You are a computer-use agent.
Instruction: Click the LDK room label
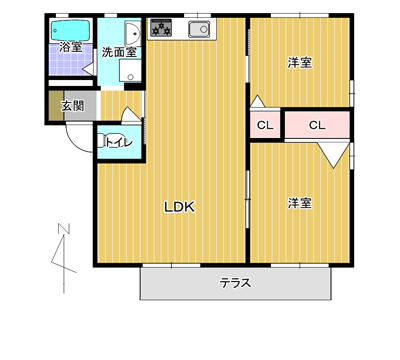click(x=179, y=207)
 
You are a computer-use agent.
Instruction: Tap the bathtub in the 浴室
click(x=71, y=30)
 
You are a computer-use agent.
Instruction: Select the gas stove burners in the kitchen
click(x=161, y=28)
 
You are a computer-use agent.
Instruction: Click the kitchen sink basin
click(x=199, y=29)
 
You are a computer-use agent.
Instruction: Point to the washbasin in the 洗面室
click(x=133, y=33)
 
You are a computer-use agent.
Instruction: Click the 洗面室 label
click(x=119, y=52)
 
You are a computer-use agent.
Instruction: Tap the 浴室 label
click(x=71, y=46)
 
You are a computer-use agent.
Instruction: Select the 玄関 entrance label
click(x=72, y=106)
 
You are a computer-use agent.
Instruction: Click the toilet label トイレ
click(x=119, y=143)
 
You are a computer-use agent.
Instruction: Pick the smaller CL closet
click(x=265, y=125)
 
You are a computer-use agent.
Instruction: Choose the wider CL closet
click(x=317, y=125)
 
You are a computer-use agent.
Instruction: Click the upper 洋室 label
click(x=300, y=62)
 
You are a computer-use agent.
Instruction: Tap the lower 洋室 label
click(x=300, y=203)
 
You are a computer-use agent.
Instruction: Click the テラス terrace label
click(x=235, y=283)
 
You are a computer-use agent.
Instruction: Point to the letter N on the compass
click(x=64, y=229)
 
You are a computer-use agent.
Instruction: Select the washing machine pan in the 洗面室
click(x=130, y=70)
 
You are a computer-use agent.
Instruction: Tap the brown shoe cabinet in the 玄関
click(x=56, y=106)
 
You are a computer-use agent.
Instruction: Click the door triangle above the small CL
click(x=258, y=102)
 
